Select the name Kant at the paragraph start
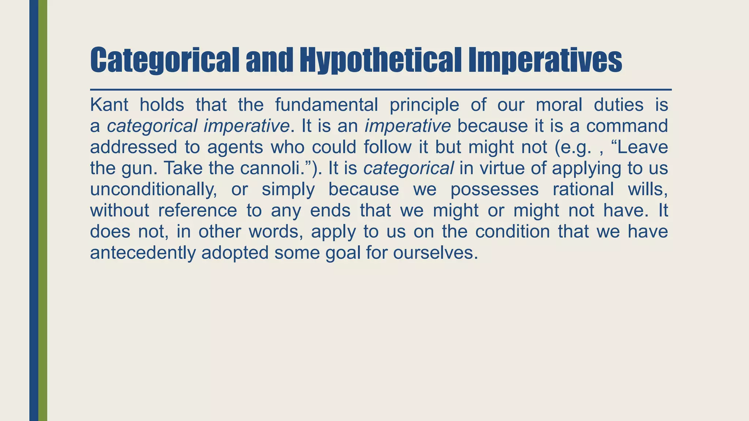click(109, 105)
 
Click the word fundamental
click(326, 105)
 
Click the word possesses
click(494, 190)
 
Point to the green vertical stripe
click(43, 210)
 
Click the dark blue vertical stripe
click(34, 210)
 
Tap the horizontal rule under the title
click(380, 90)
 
